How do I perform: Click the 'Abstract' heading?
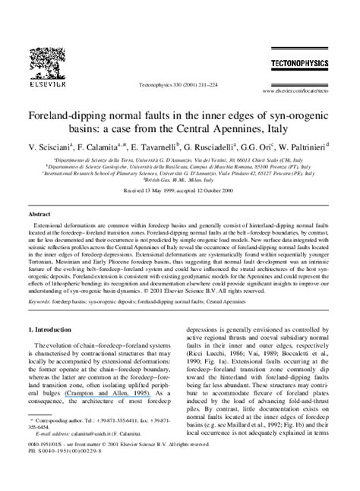pos(40,215)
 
